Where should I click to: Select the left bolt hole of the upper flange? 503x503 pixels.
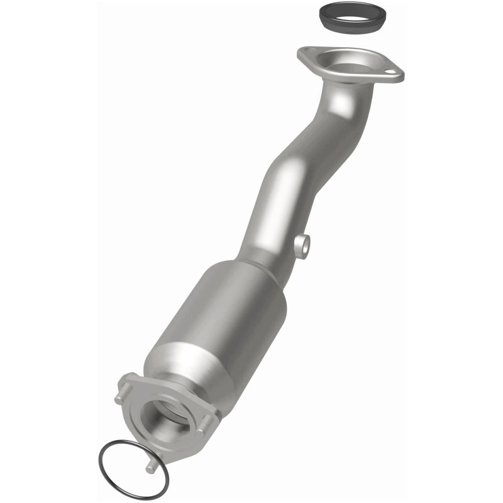pos(307,53)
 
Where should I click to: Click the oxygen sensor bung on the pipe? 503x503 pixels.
pos(302,246)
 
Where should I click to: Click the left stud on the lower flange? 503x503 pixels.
pos(119,399)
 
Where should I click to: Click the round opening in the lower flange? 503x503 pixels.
pos(167,417)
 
